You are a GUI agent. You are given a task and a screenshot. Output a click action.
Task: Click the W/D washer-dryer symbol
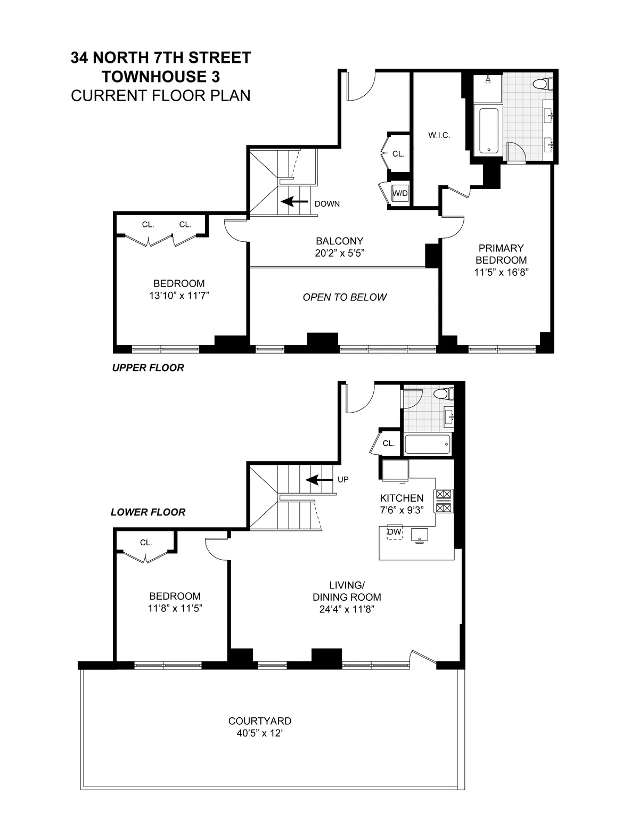pyautogui.click(x=400, y=193)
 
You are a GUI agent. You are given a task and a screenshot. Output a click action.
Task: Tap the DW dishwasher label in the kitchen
pyautogui.click(x=394, y=532)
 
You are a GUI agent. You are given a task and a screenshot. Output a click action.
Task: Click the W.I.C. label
pyautogui.click(x=439, y=135)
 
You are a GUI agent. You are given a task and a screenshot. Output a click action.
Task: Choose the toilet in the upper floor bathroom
pyautogui.click(x=544, y=84)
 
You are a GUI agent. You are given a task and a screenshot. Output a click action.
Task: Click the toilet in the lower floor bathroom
pyautogui.click(x=443, y=395)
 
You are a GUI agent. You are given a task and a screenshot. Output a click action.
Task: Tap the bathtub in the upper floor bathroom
pyautogui.click(x=488, y=131)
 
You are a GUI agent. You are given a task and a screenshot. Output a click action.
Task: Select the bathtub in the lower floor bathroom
pyautogui.click(x=428, y=444)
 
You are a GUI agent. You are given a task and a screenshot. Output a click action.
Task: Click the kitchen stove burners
pyautogui.click(x=444, y=501)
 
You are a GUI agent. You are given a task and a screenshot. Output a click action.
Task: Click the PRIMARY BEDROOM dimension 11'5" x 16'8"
pyautogui.click(x=501, y=272)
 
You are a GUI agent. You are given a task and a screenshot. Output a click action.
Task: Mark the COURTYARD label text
pyautogui.click(x=259, y=722)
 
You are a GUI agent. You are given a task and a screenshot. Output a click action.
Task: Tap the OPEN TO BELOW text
pyautogui.click(x=345, y=297)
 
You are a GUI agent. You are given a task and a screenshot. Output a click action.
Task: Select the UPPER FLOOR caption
pyautogui.click(x=148, y=368)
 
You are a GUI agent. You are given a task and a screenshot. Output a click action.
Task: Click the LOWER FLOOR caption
pyautogui.click(x=148, y=512)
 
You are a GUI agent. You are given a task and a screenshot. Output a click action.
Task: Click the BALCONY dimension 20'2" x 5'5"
pyautogui.click(x=339, y=253)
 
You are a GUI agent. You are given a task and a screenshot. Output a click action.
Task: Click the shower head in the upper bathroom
pyautogui.click(x=488, y=80)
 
